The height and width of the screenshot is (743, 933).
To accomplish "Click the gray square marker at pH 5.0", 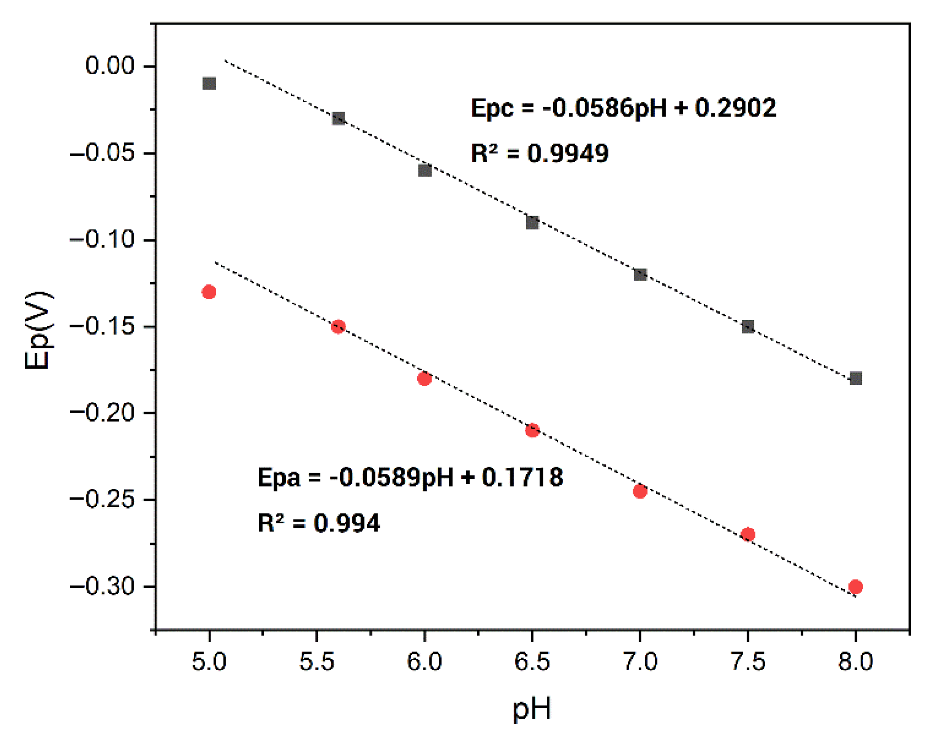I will click(209, 84).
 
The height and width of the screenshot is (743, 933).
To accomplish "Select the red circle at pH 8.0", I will click(855, 586).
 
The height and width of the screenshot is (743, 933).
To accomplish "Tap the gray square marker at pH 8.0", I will click(855, 378).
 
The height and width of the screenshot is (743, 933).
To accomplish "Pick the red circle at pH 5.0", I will click(209, 292).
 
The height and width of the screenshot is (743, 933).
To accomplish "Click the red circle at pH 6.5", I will click(532, 430).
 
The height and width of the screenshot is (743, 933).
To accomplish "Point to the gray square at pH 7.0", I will click(640, 274).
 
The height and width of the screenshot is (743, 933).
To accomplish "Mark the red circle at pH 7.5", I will click(748, 534).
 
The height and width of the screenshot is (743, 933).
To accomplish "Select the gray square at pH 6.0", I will click(424, 171).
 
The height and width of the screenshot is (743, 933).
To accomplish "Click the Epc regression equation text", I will click(623, 108).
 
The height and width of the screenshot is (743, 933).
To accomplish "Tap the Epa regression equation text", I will click(410, 477).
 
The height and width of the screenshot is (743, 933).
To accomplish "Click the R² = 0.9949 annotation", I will click(540, 153).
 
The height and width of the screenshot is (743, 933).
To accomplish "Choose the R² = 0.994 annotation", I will click(319, 523).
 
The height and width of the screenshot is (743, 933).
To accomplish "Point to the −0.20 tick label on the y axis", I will click(103, 413).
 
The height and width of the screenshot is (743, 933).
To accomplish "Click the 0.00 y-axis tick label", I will click(110, 66).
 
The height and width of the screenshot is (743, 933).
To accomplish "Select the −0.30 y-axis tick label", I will click(103, 586).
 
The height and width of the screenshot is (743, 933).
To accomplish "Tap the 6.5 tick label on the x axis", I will click(532, 662).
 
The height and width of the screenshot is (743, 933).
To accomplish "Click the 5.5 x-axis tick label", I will click(317, 662).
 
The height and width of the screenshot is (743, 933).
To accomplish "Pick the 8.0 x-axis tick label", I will click(855, 662).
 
